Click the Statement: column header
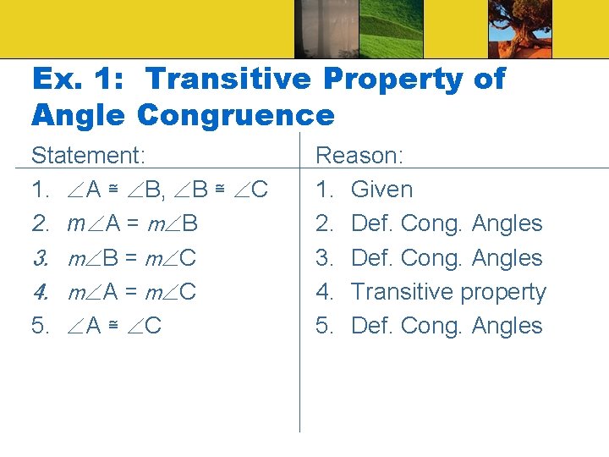tap(88, 156)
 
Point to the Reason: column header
tap(359, 156)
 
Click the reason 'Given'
tap(381, 190)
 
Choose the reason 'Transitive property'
tap(448, 292)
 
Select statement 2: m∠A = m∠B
tap(132, 224)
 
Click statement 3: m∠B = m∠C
tap(132, 258)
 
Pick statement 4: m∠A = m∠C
tap(132, 292)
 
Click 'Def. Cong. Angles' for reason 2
tap(447, 224)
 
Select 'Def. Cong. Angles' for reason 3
tap(447, 258)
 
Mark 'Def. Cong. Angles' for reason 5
tap(447, 326)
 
